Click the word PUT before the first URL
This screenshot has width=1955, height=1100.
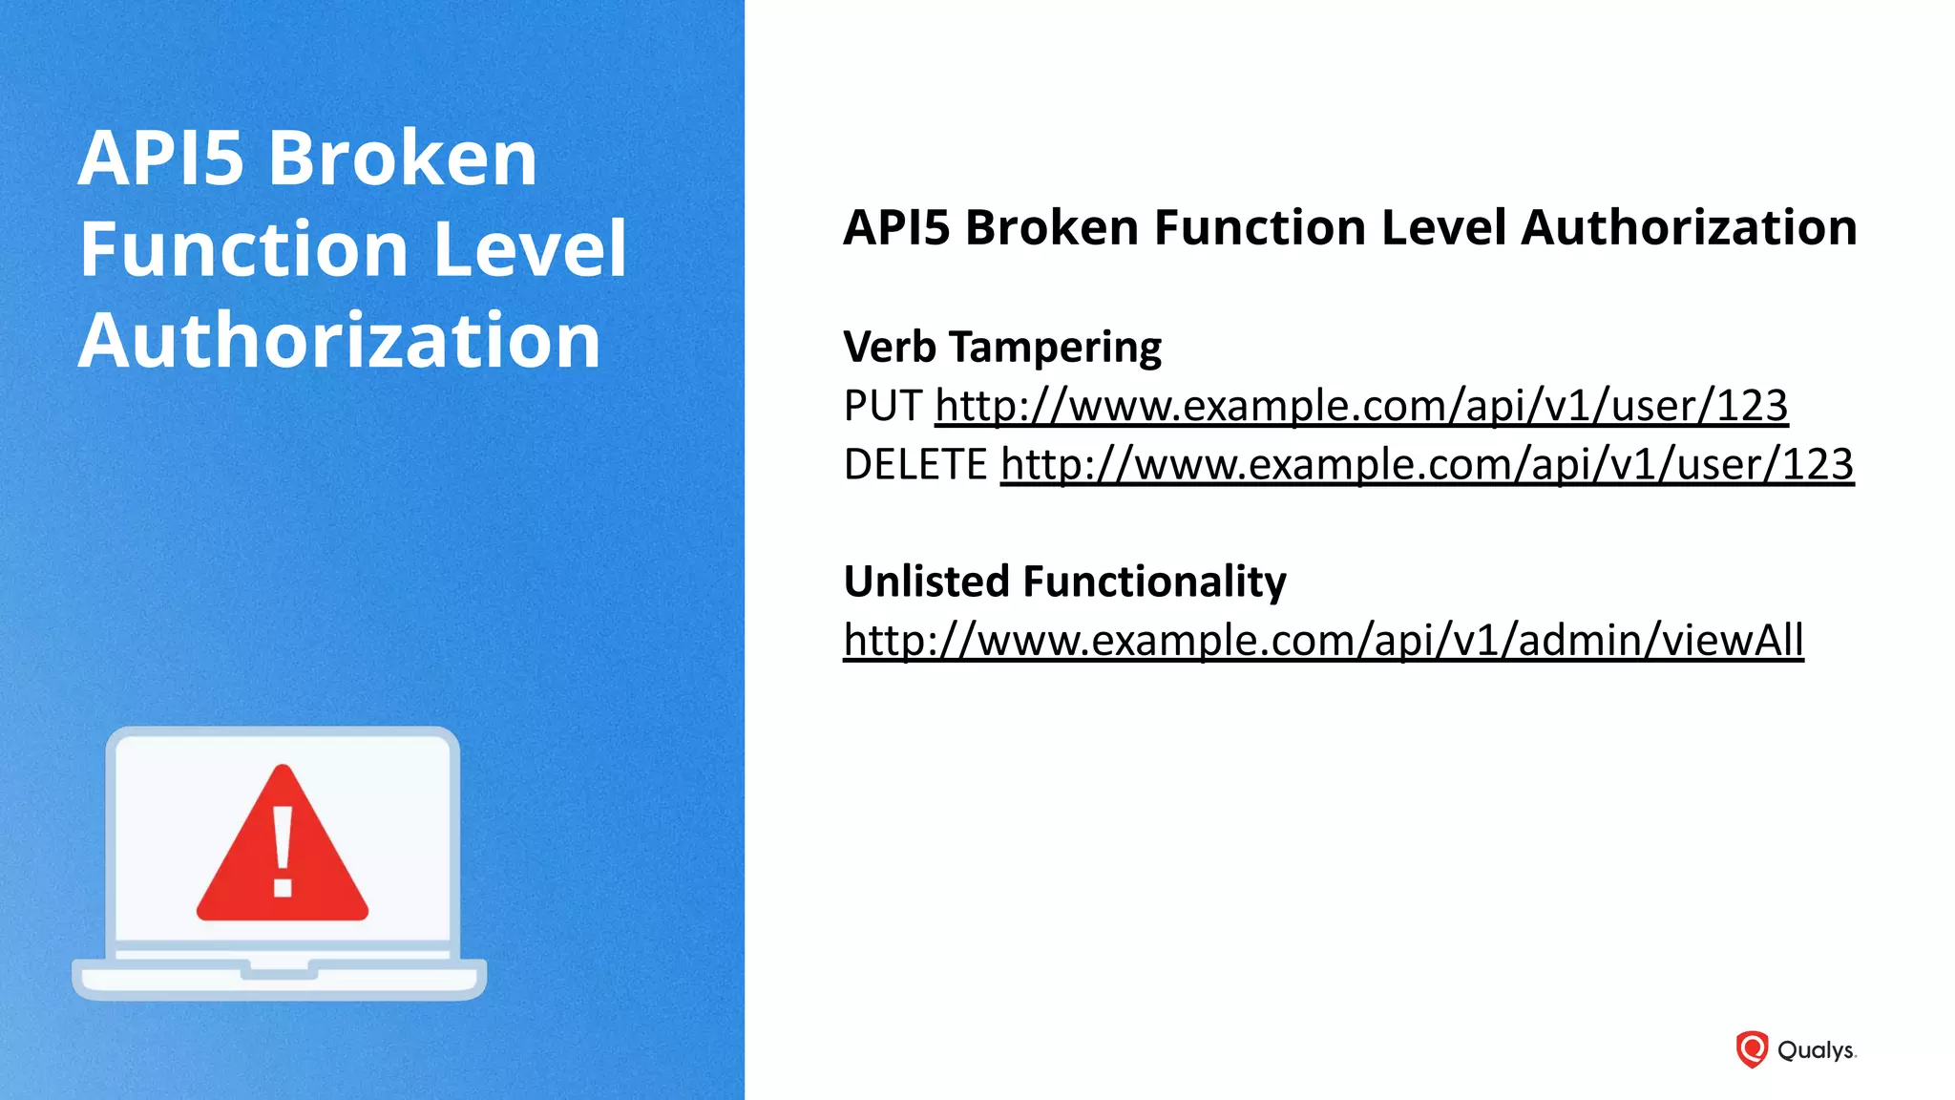tap(882, 407)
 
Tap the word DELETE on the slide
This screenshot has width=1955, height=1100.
tap(914, 466)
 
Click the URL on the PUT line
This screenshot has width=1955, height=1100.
tap(1361, 407)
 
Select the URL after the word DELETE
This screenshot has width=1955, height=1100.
tap(1426, 466)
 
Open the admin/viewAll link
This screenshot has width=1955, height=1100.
tap(1323, 641)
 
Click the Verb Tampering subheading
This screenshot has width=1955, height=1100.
tap(1002, 347)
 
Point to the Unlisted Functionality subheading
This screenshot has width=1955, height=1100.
tap(1064, 582)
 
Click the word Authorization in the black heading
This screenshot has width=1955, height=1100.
tap(1689, 228)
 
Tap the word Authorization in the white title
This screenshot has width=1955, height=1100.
tap(340, 341)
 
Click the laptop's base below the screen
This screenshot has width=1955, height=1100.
tap(279, 979)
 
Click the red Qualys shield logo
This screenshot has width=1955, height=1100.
tap(1752, 1049)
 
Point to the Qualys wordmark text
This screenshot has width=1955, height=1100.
tap(1816, 1050)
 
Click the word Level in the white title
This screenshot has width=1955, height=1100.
tap(530, 249)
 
